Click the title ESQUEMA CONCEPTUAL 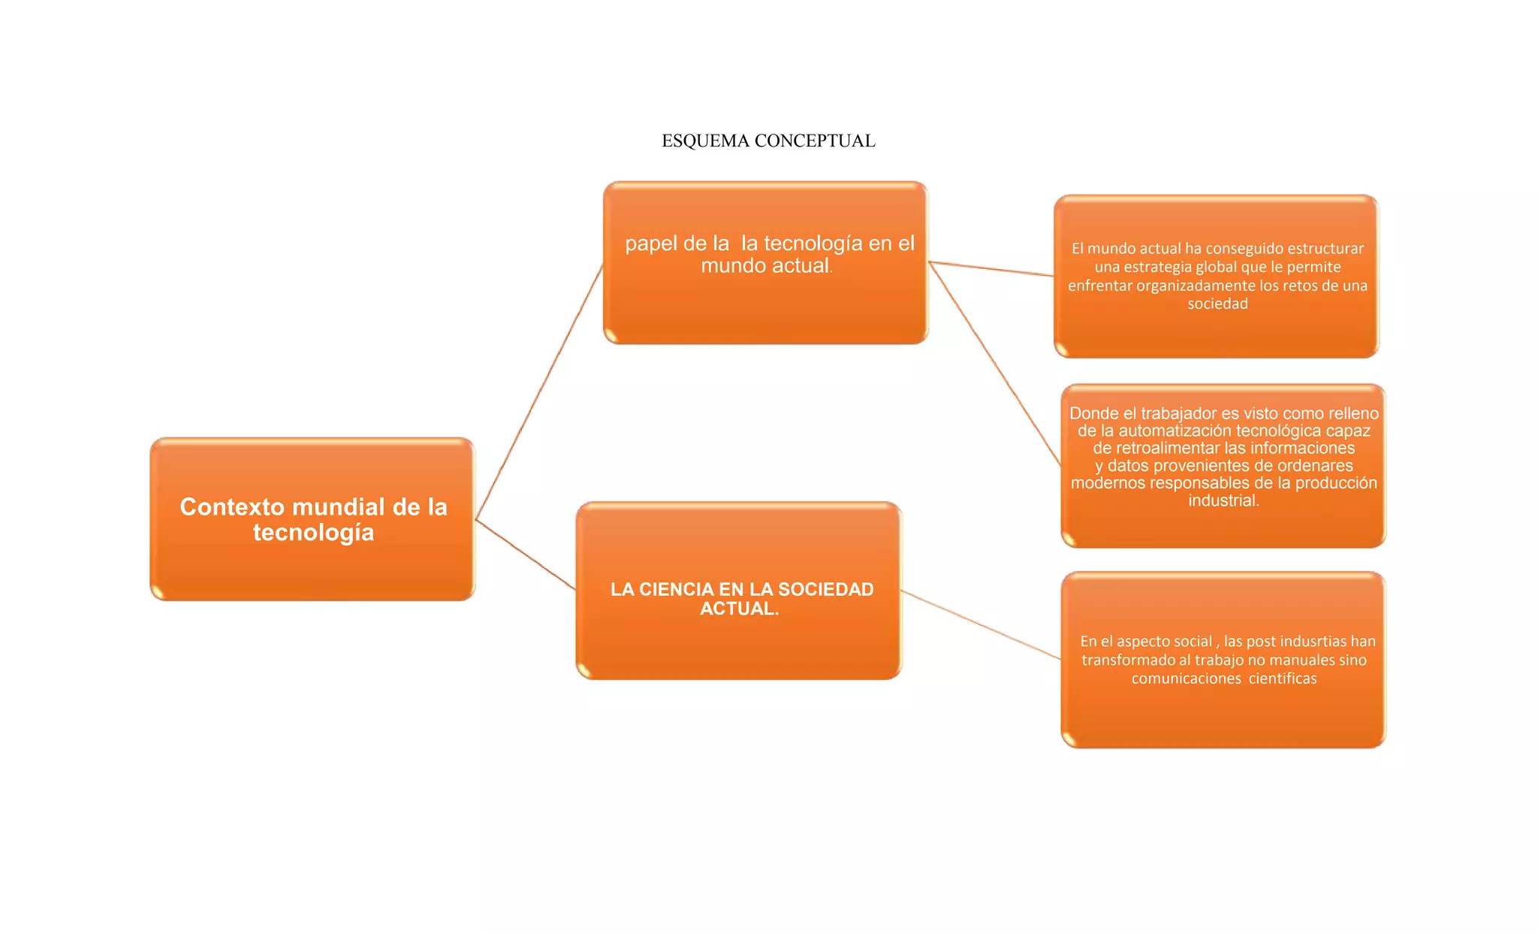click(x=767, y=141)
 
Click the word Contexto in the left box click(x=221, y=507)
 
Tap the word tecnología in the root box click(x=313, y=533)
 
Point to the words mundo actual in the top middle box click(x=764, y=266)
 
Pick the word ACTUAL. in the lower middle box click(x=739, y=609)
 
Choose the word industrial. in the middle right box click(x=1223, y=500)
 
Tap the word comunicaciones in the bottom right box click(x=1186, y=679)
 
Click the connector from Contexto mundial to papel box click(x=539, y=391)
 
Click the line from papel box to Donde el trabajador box click(x=995, y=364)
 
